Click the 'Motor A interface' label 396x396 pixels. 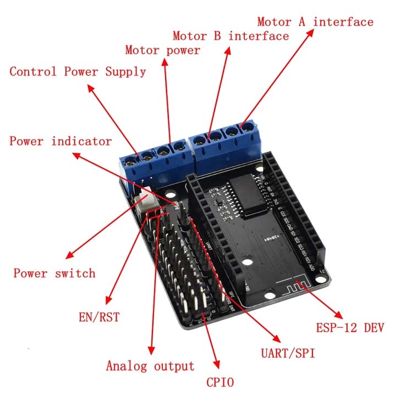point(315,22)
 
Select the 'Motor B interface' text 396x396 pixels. point(230,36)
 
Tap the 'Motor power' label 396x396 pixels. point(162,51)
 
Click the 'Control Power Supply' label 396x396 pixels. point(78,71)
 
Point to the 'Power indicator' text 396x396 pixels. point(61,141)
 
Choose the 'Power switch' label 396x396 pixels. point(54,273)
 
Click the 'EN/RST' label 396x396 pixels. point(99,317)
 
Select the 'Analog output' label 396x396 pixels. point(150,366)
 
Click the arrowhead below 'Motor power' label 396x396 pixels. point(163,62)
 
